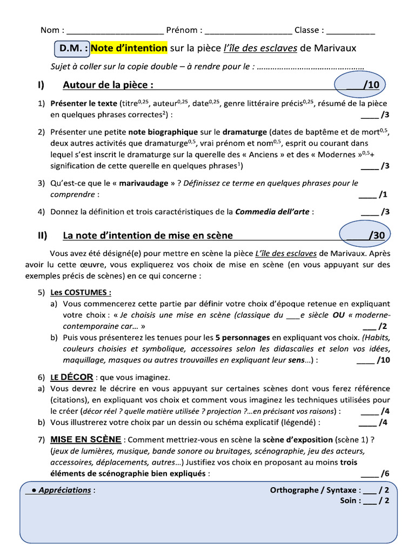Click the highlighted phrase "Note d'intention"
[129, 49]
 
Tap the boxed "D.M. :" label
[72, 49]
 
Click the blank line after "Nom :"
[115, 30]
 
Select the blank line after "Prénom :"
[248, 30]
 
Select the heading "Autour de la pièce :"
[108, 85]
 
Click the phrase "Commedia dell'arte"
[272, 212]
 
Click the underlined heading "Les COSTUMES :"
[81, 292]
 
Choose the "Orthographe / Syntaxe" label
[313, 490]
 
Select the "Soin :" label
[351, 501]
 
